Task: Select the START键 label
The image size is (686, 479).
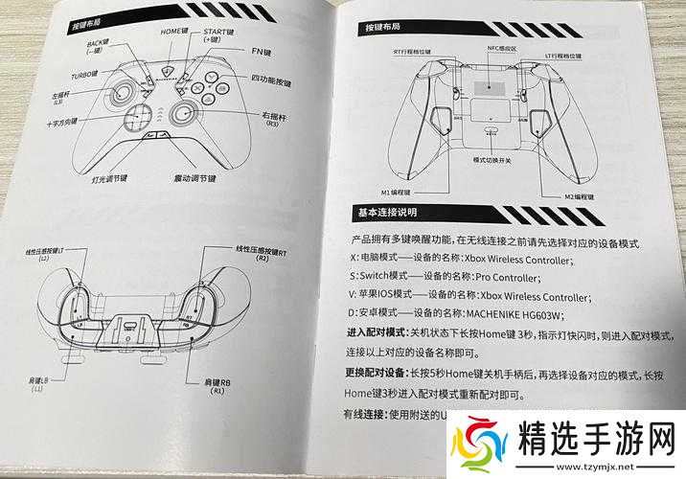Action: pos(219,34)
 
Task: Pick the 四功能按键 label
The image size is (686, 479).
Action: pos(272,78)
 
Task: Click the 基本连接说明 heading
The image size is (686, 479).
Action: pos(389,213)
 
